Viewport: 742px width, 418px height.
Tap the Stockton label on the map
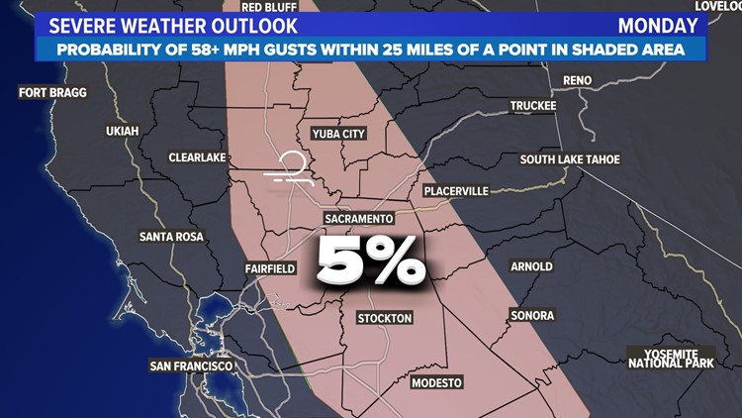384,318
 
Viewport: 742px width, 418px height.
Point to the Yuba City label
338,134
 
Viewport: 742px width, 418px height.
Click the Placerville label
455,190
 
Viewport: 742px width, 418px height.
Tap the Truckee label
533,106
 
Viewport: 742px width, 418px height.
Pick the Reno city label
577,80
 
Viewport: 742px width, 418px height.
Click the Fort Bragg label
53,93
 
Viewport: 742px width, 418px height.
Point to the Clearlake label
198,157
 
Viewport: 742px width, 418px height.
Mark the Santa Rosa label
171,237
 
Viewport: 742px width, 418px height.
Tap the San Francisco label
192,366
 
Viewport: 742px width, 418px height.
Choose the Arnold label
531,266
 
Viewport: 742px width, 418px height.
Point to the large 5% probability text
371,261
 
